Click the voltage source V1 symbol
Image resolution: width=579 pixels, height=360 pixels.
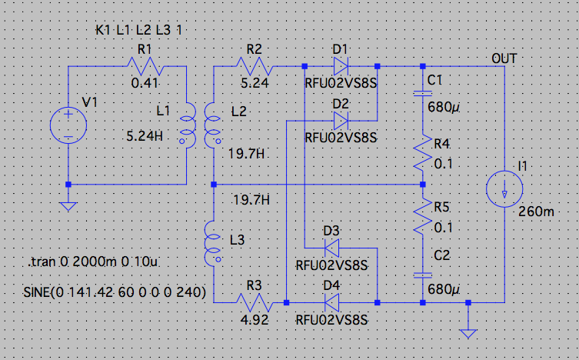(68, 125)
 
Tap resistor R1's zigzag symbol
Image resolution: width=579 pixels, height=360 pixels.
(141, 66)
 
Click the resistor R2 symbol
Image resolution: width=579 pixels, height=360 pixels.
(255, 66)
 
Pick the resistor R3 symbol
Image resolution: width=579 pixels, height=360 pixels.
(255, 302)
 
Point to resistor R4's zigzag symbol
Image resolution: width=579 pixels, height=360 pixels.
(423, 154)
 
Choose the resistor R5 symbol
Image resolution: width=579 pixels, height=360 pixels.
(423, 219)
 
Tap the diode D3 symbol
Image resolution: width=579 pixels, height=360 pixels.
(333, 248)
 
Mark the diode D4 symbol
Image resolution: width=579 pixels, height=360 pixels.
(333, 302)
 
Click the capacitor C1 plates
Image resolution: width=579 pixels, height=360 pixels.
(423, 94)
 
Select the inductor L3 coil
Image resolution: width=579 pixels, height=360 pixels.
(213, 242)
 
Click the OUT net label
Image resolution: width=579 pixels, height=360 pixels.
(504, 58)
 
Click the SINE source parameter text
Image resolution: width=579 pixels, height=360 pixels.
(105, 292)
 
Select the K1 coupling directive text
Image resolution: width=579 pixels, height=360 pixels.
(139, 31)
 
